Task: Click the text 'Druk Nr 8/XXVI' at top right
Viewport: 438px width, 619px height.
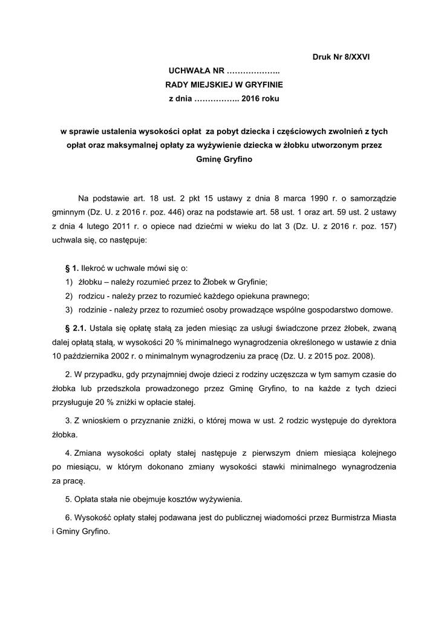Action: click(341, 58)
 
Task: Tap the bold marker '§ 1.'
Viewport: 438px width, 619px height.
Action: click(71, 267)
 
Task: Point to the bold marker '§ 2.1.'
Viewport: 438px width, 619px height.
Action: click(76, 328)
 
